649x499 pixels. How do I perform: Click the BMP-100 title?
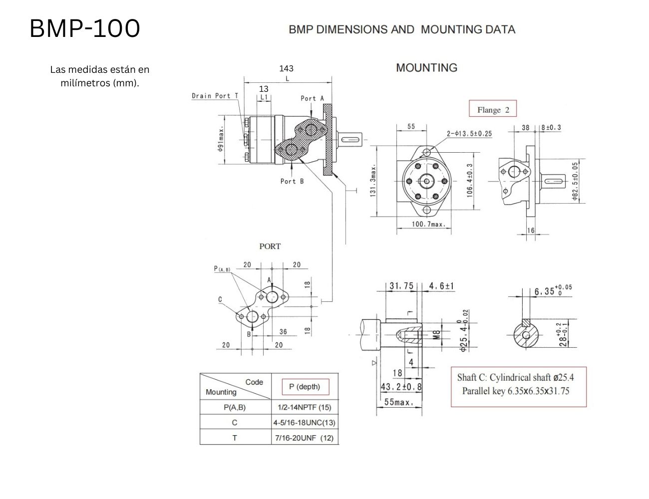click(85, 28)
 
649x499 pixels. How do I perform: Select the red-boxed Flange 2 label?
click(493, 110)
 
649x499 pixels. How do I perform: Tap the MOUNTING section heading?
click(426, 68)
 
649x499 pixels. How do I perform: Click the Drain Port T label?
click(215, 96)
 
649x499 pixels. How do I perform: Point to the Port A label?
click(312, 98)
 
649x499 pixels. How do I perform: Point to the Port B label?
click(292, 181)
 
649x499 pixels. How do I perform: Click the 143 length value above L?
click(286, 68)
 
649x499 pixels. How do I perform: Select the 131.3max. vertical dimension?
click(373, 182)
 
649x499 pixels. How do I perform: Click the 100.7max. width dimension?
click(428, 225)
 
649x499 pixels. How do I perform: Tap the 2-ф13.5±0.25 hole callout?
click(469, 133)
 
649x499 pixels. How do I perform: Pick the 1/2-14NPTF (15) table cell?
click(304, 408)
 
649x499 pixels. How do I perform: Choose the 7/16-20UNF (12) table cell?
click(304, 438)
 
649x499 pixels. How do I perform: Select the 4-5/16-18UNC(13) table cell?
click(304, 423)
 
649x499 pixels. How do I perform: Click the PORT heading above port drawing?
click(270, 246)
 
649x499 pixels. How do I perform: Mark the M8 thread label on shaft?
click(436, 334)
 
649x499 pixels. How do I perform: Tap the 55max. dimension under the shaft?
click(398, 402)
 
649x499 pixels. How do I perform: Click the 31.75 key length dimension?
click(401, 286)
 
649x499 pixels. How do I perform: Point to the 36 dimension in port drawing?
click(283, 332)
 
